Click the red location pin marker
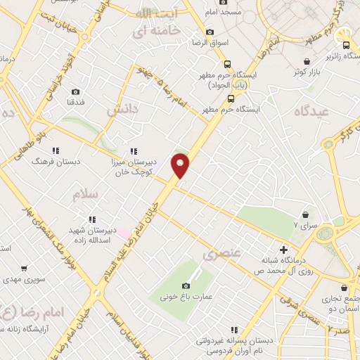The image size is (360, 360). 181,165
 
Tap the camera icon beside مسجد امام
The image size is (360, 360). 224,3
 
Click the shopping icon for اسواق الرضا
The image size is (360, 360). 209,32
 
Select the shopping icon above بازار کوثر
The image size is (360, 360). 290,70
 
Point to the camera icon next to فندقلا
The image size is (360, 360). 75,92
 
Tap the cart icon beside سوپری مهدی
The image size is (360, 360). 25,268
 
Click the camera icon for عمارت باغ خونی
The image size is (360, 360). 186,285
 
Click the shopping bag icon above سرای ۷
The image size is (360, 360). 305,214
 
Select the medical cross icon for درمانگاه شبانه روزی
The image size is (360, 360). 283,250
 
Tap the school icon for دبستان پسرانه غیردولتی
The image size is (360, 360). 234,329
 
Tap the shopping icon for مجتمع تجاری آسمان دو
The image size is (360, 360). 344,288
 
